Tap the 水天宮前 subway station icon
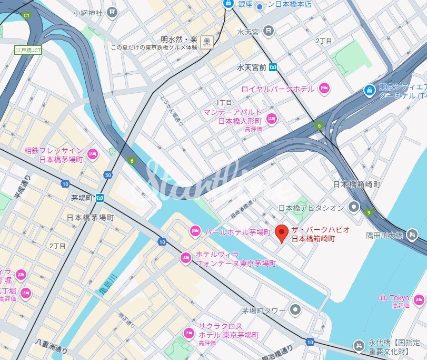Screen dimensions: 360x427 pyautogui.click(x=273, y=67)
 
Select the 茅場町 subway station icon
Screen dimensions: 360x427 pyautogui.click(x=100, y=198)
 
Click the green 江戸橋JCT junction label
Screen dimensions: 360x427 pyautogui.click(x=28, y=49)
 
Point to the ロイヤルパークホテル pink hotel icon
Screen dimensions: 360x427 pyautogui.click(x=324, y=89)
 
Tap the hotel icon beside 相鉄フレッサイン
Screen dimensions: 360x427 pyautogui.click(x=92, y=154)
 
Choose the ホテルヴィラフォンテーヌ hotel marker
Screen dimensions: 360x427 pyautogui.click(x=185, y=258)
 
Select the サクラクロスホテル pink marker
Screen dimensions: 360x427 pyautogui.click(x=188, y=333)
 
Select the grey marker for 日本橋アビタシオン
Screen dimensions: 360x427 pyautogui.click(x=354, y=207)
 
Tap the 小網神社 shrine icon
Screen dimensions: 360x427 pyautogui.click(x=112, y=12)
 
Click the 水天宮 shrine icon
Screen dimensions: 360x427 pyautogui.click(x=269, y=32)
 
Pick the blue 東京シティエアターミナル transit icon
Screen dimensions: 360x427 pyautogui.click(x=370, y=91)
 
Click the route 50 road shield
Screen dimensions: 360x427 pyautogui.click(x=108, y=174)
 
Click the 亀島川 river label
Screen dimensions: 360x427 pyautogui.click(x=105, y=285)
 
